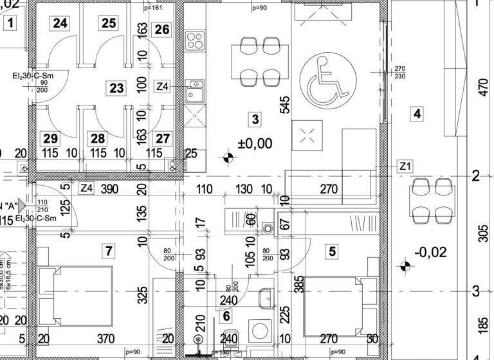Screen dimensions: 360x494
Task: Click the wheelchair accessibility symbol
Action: coord(330,80)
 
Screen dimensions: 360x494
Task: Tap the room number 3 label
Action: coord(255,119)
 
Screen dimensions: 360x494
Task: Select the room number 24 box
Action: coord(60,24)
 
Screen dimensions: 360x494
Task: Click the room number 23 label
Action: coord(116,88)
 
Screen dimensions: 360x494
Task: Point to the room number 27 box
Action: coord(163,138)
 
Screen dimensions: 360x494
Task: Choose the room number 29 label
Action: coord(50,138)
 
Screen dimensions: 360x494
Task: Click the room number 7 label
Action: coord(109,250)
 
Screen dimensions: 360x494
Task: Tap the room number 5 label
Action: coord(332,251)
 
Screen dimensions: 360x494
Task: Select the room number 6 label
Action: coord(226,316)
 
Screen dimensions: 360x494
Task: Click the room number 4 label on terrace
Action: coord(417,114)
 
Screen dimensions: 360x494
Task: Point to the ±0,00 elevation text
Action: coord(255,143)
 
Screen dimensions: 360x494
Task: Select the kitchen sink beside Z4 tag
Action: coord(194,92)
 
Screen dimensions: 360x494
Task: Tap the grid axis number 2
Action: coord(476,175)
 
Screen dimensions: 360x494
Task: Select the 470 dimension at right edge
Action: coord(484,87)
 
